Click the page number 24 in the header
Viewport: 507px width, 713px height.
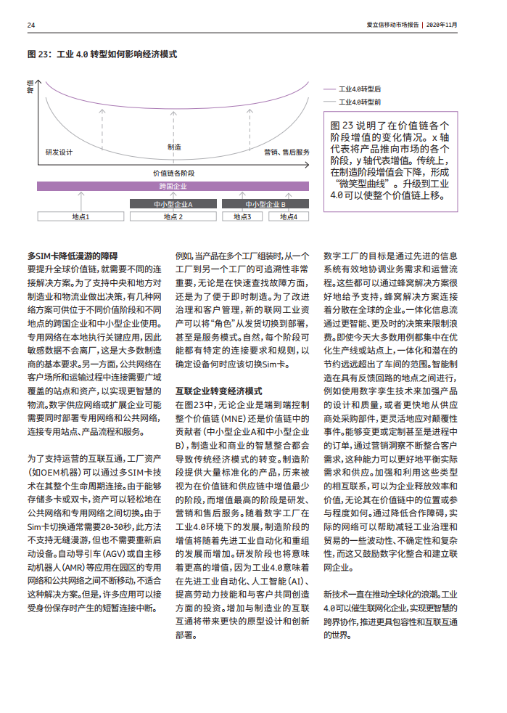[31, 25]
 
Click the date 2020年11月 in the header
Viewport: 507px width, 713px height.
[442, 25]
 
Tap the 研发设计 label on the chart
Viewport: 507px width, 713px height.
[59, 152]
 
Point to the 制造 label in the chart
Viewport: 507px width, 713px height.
[174, 147]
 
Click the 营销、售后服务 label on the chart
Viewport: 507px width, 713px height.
[287, 152]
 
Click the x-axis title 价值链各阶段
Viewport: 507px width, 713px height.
[174, 173]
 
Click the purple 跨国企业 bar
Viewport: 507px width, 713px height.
[173, 186]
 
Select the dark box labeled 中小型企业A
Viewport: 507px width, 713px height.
[173, 205]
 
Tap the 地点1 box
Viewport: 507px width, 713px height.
[81, 216]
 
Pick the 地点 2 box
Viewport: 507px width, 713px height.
[173, 216]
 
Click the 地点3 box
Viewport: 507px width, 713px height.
[242, 216]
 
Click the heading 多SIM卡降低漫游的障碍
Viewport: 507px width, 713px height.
[72, 256]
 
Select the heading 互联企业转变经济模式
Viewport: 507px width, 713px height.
[218, 391]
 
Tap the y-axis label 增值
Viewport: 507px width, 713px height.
[30, 86]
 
